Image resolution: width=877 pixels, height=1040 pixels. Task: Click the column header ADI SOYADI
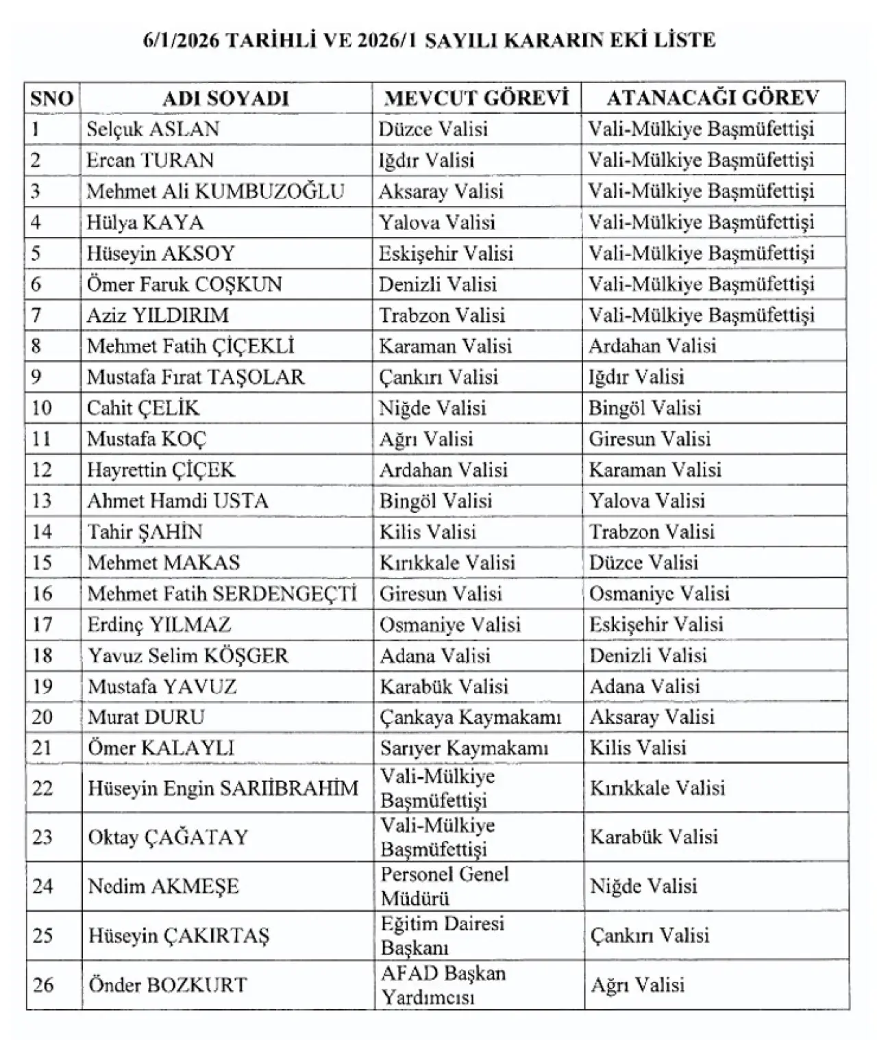coord(225,98)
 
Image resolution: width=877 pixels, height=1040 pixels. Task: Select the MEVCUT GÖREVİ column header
coord(477,98)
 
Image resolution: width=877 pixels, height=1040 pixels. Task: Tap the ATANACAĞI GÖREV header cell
coord(713,98)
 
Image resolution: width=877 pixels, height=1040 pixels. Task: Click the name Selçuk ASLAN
coord(153,129)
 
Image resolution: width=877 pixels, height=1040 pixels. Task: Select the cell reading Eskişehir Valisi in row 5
coord(446,253)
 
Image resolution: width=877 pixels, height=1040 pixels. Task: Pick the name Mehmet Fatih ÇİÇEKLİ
coord(190,346)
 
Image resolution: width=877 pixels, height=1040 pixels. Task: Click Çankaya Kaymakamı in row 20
coord(471,717)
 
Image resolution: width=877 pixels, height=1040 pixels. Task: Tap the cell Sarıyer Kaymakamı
coord(465,748)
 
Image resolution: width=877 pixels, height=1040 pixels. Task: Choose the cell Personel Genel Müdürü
coord(445,886)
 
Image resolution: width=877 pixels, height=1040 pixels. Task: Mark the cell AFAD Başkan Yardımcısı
coord(443,985)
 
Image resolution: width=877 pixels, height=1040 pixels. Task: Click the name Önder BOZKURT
coord(167,985)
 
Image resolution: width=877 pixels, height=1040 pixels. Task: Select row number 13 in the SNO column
coord(42,500)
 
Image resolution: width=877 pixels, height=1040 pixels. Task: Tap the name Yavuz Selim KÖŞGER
coord(188,655)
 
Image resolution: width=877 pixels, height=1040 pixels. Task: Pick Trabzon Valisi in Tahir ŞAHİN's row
coord(652,531)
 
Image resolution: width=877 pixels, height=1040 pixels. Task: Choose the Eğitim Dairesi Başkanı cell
coord(443,935)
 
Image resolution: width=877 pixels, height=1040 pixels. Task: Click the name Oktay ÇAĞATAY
coord(168,837)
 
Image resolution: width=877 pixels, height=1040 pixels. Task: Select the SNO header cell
coord(52,98)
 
